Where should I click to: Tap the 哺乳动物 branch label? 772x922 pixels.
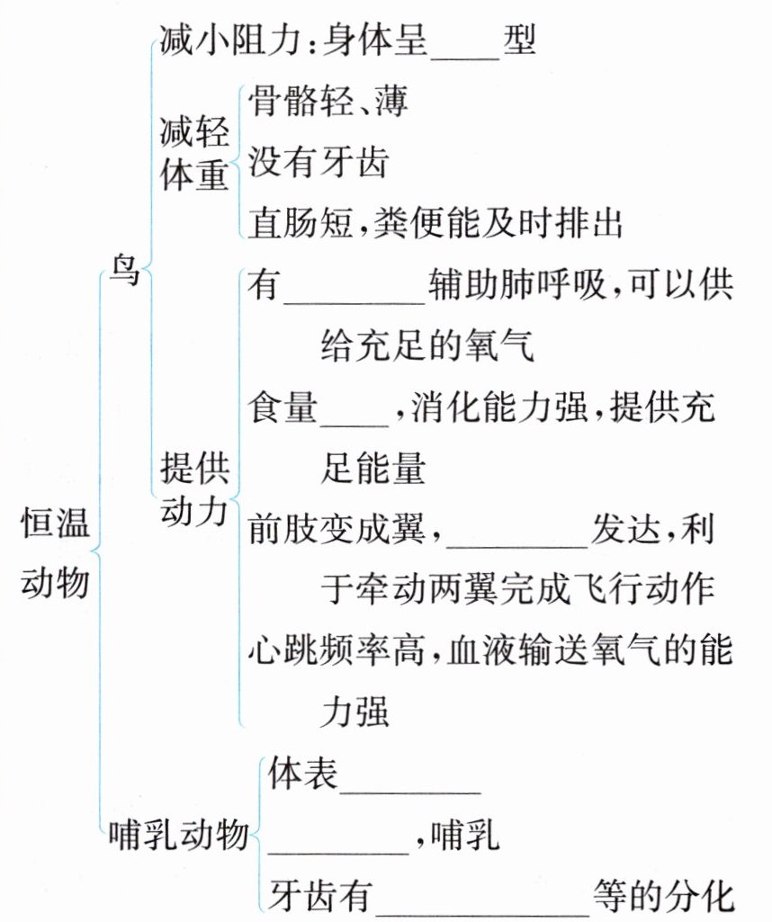[176, 836]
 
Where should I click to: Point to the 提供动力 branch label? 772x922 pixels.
[193, 489]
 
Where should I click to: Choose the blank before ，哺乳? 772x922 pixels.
[339, 841]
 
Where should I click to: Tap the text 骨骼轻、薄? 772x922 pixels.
[328, 101]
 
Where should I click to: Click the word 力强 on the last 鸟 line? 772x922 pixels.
[355, 711]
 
